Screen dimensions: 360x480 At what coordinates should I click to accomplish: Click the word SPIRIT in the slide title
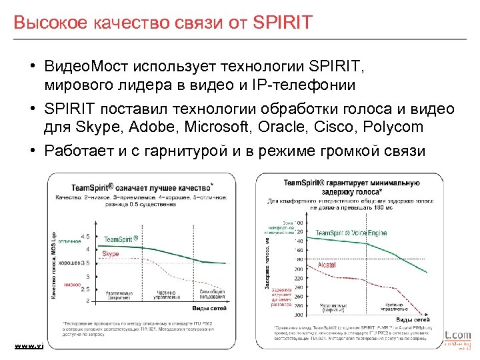tap(282, 22)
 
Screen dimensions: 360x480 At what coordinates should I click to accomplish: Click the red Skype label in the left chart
tap(111, 254)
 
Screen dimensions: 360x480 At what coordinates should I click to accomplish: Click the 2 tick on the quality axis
tap(87, 301)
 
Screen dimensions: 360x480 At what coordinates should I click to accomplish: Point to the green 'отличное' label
tap(69, 241)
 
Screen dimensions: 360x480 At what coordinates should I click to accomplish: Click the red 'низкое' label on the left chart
tap(73, 284)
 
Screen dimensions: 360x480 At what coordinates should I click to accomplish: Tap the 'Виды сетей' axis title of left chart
tap(211, 309)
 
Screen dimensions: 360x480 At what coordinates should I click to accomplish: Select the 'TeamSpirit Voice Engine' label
tap(351, 233)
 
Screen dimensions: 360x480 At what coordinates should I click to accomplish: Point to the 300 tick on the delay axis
tap(298, 314)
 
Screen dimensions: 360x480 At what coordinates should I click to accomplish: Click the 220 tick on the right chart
tap(298, 277)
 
